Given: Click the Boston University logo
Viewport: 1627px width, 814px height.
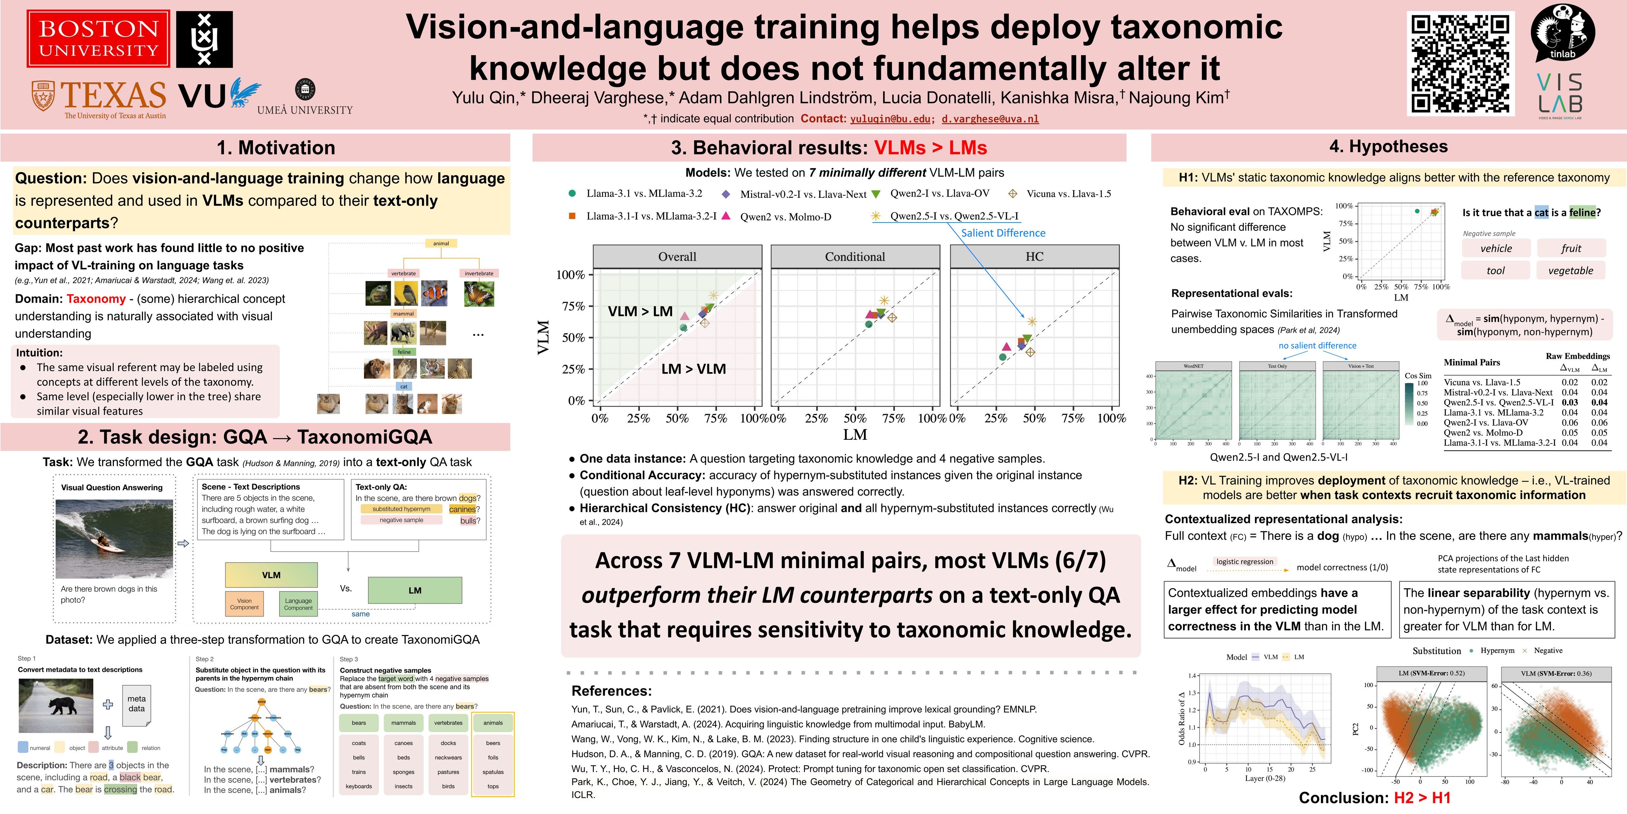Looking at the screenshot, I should coord(99,38).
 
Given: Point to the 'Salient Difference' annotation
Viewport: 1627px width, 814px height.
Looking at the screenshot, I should coord(1003,233).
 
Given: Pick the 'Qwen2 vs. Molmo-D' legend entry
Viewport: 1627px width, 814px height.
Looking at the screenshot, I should coord(785,217).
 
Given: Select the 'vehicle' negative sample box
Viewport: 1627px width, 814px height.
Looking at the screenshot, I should coord(1496,248).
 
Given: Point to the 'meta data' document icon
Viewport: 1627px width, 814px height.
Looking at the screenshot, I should coord(136,704).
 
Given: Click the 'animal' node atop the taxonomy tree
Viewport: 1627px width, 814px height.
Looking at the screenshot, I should coord(441,243).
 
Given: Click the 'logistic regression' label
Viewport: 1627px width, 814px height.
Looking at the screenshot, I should coord(1244,561).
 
